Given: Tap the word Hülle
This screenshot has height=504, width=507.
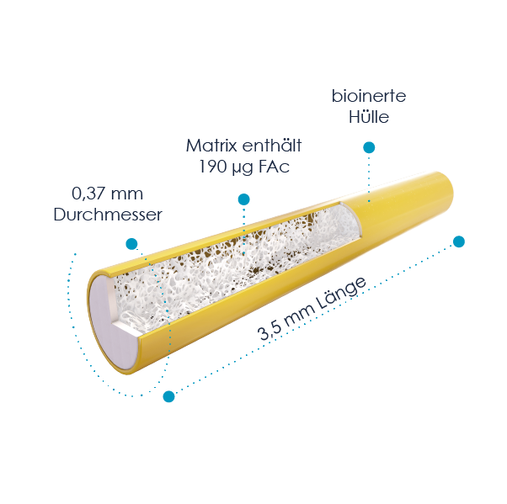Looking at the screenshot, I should click(369, 117).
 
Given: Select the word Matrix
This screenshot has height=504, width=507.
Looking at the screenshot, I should click(209, 145).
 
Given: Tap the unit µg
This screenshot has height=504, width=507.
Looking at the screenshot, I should click(242, 167).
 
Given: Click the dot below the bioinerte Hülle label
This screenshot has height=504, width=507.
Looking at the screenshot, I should click(369, 147).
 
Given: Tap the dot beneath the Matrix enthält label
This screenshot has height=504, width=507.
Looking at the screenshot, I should click(243, 199).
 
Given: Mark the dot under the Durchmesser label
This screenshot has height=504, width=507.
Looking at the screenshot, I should click(131, 244).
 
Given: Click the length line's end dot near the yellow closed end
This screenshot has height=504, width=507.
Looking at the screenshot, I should click(458, 242).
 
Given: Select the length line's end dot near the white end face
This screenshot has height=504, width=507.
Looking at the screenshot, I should click(169, 395).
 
